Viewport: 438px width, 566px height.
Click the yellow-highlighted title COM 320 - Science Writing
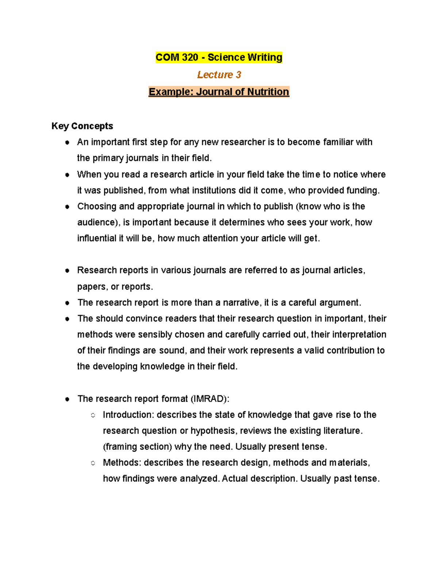pyautogui.click(x=219, y=58)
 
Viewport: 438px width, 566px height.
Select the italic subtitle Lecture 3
pyautogui.click(x=219, y=75)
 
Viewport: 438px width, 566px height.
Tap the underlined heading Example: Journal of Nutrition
pyautogui.click(x=219, y=92)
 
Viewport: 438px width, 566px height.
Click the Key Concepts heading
pyautogui.click(x=82, y=126)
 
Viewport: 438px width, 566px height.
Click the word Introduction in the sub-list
pyautogui.click(x=128, y=415)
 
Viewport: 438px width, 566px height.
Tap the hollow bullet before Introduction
pyautogui.click(x=93, y=415)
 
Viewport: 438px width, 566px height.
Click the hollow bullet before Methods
pyautogui.click(x=93, y=463)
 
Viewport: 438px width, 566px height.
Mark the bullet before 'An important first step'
pyautogui.click(x=67, y=143)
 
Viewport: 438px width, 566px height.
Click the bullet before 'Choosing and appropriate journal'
pyautogui.click(x=67, y=207)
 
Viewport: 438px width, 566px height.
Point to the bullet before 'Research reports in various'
pyautogui.click(x=67, y=271)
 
